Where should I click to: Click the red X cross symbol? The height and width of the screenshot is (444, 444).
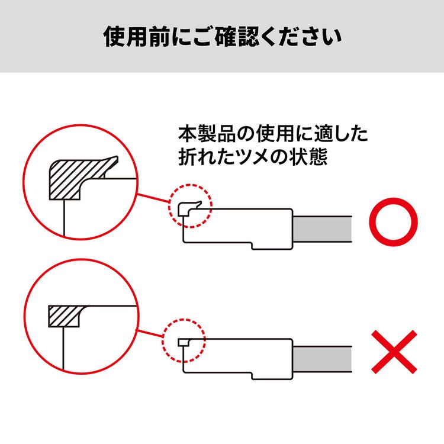(394, 352)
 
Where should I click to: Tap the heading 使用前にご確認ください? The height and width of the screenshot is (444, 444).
(222, 37)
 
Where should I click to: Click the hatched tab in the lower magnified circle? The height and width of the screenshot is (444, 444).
(65, 316)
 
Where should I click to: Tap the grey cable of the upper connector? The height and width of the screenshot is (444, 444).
(322, 229)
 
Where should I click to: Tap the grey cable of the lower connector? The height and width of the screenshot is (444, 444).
(322, 359)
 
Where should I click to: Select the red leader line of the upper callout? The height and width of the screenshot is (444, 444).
(153, 198)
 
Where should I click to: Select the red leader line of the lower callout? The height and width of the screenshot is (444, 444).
(149, 333)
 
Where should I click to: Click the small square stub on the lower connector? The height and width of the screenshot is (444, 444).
(184, 343)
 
